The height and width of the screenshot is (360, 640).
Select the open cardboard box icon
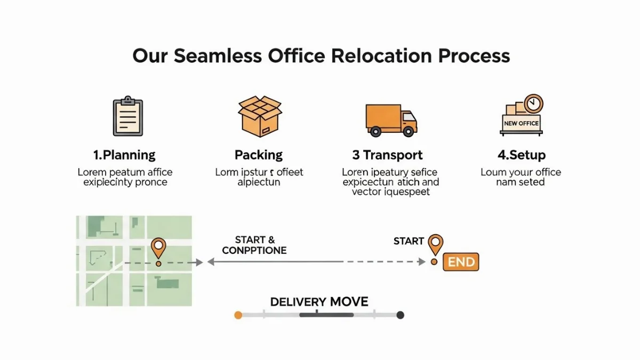point(259,116)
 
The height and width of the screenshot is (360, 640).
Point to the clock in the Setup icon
point(533,103)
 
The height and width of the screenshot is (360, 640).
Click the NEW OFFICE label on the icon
point(521,123)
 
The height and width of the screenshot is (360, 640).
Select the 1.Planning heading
point(124,155)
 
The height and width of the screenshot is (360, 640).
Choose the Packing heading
point(259,155)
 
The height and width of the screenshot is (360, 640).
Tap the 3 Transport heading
point(387,155)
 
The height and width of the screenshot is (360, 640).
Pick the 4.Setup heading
point(521,155)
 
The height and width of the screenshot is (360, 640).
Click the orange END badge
point(461,262)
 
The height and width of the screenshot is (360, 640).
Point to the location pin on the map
point(158,247)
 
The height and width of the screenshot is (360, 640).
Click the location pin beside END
point(436,244)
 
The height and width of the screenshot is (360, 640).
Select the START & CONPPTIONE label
point(254,245)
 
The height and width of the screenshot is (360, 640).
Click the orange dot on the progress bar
point(238,315)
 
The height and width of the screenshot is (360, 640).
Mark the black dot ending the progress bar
point(401,315)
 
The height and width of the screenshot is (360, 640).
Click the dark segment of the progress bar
point(326,315)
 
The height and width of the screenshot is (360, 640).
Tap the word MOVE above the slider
point(349,302)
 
